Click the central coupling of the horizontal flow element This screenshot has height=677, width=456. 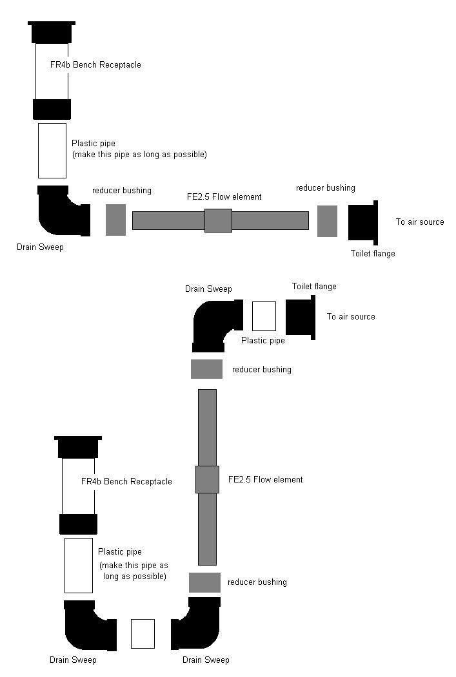(x=218, y=220)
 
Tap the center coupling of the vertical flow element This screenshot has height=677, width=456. (x=207, y=480)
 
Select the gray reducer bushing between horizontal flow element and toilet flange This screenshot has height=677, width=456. (x=327, y=221)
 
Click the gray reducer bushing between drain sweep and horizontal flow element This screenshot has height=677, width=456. (x=115, y=220)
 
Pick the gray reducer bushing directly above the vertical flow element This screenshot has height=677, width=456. (x=206, y=369)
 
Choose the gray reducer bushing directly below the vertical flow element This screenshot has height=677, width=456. (x=204, y=582)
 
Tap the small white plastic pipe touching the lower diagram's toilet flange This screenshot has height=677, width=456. (x=263, y=316)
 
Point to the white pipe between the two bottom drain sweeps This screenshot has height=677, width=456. (x=143, y=634)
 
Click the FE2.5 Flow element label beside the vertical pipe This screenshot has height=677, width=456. (x=265, y=480)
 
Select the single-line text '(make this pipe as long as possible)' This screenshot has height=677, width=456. (x=139, y=155)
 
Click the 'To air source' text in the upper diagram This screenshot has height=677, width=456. (x=420, y=222)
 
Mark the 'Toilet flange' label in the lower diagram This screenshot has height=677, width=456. (x=314, y=287)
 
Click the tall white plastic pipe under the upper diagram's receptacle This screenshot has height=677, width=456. (x=52, y=151)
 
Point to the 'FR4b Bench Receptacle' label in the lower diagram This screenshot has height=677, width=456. (x=126, y=482)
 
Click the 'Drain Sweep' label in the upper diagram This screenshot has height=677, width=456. (x=40, y=247)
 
